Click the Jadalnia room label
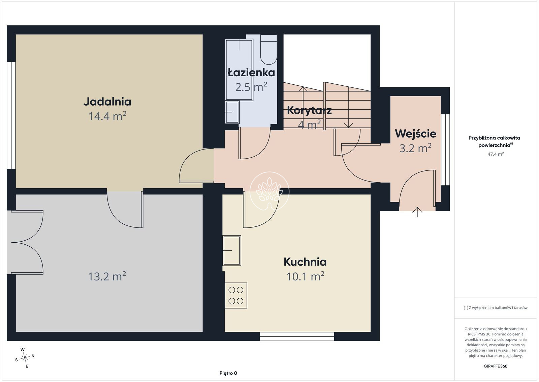(107, 102)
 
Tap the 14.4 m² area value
(107, 116)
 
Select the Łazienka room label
(251, 73)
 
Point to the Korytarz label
(309, 110)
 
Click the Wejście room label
(416, 134)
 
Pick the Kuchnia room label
(305, 262)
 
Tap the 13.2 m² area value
(107, 276)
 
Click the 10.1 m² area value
(305, 276)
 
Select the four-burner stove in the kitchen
(236, 295)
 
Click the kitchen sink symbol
(232, 250)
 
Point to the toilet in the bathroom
(268, 49)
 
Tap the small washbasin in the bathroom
(232, 112)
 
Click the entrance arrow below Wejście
(417, 212)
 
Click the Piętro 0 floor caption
(228, 373)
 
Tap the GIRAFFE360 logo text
(496, 366)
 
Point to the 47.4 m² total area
(496, 154)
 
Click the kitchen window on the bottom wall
(297, 336)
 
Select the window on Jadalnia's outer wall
(11, 115)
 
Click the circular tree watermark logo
(269, 191)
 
